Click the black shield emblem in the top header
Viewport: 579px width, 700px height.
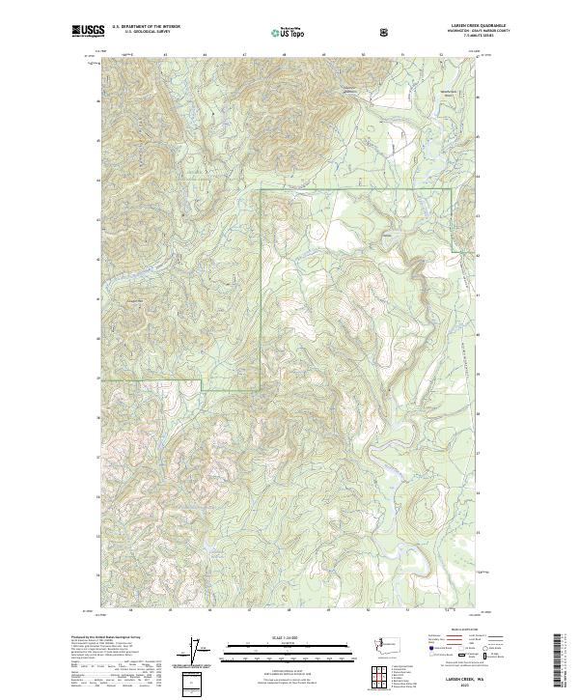pyautogui.click(x=384, y=31)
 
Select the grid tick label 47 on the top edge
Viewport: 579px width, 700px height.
pyautogui.click(x=244, y=55)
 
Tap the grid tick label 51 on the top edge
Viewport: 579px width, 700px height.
pyautogui.click(x=401, y=55)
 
